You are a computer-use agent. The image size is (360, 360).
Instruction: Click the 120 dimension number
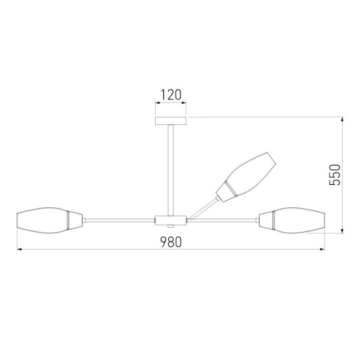[171, 95]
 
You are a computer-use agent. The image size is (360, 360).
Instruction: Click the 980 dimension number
[170, 242]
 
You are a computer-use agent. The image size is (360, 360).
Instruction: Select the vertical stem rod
[171, 168]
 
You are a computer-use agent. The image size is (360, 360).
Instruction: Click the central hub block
[171, 219]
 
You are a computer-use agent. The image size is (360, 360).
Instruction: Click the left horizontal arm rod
[118, 219]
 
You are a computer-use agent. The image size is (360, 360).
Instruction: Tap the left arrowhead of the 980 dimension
[19, 250]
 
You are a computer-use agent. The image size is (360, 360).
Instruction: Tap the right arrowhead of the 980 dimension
[323, 250]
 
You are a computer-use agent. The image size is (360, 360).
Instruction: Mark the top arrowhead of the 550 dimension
[343, 120]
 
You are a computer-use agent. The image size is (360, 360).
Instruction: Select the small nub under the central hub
[171, 227]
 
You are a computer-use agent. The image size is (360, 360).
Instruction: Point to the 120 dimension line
[171, 105]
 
